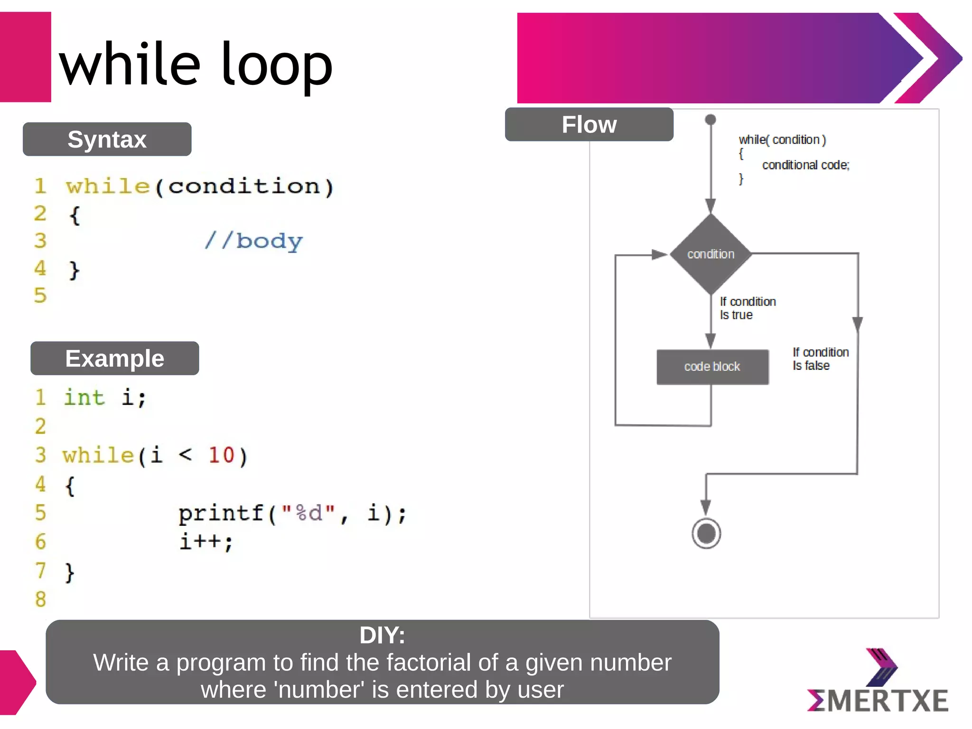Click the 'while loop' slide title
pyautogui.click(x=196, y=64)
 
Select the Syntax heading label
pyautogui.click(x=107, y=140)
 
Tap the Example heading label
pyautogui.click(x=114, y=358)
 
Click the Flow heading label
pyautogui.click(x=589, y=125)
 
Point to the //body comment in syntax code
pyautogui.click(x=253, y=241)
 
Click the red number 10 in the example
pyautogui.click(x=221, y=455)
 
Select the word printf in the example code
pyautogui.click(x=221, y=513)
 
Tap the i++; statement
pyautogui.click(x=206, y=542)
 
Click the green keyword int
pyautogui.click(x=84, y=398)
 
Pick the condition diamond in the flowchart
pyautogui.click(x=710, y=254)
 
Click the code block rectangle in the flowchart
pyautogui.click(x=712, y=367)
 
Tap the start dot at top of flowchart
pyautogui.click(x=710, y=120)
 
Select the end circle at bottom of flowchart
pyautogui.click(x=706, y=533)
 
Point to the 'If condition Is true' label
pyautogui.click(x=747, y=308)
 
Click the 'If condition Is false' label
pyautogui.click(x=820, y=359)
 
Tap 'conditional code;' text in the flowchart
pyautogui.click(x=805, y=165)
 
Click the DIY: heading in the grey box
pyautogui.click(x=382, y=635)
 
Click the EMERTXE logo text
pyautogui.click(x=878, y=701)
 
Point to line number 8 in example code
pyautogui.click(x=41, y=599)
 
